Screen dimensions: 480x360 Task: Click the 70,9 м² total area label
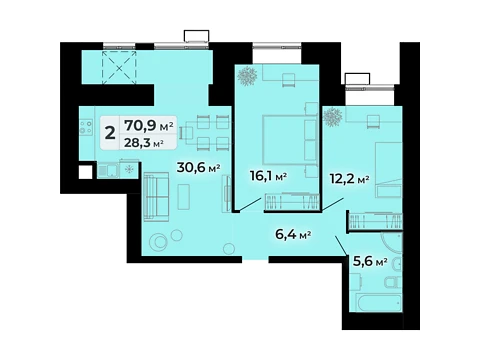pos(149,126)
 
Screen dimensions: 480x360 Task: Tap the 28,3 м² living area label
pos(144,143)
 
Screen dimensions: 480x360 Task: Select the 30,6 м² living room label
pos(198,167)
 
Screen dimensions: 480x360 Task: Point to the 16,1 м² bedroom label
pos(268,176)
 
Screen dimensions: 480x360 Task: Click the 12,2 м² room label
pos(349,179)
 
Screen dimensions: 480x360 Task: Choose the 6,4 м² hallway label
pos(293,234)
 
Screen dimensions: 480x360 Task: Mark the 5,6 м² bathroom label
pos(370,261)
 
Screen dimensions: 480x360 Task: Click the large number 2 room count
pos(110,133)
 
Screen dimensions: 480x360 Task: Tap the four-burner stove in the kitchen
pos(86,127)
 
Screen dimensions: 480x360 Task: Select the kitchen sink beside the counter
pos(108,171)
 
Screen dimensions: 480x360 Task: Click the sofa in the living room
pos(156,197)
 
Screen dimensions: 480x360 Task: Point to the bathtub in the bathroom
pos(378,302)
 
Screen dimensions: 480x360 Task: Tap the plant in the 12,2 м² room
pos(332,117)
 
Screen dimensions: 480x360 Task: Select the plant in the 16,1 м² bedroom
pos(247,76)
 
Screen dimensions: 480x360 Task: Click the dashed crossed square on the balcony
pos(119,67)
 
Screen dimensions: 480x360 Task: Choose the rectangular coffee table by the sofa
pos(184,197)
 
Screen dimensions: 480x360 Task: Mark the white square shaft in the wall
pos(85,172)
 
